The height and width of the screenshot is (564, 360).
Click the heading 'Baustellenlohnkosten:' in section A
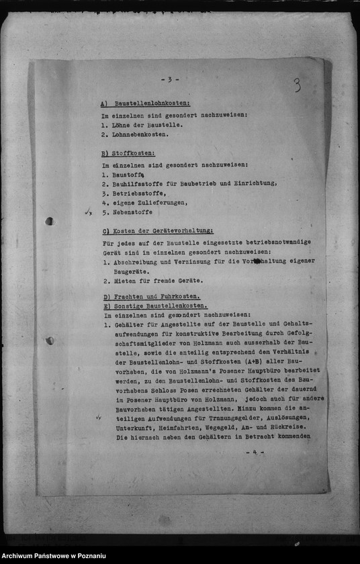pyautogui.click(x=152, y=104)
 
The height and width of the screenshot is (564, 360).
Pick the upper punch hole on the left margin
pyautogui.click(x=49, y=221)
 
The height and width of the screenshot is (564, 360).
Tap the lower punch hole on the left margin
pyautogui.click(x=50, y=340)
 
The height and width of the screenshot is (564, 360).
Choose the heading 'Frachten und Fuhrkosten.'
pyautogui.click(x=156, y=297)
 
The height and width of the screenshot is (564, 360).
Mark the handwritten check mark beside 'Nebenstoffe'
pyautogui.click(x=88, y=212)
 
